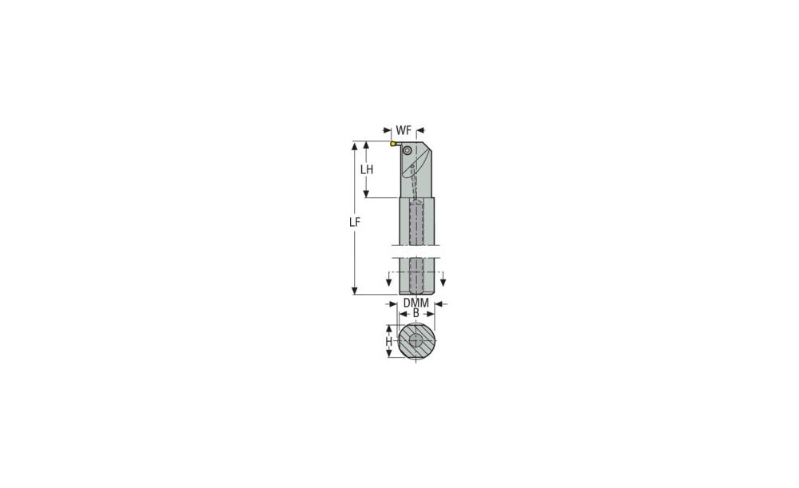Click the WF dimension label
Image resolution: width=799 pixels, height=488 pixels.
point(403,130)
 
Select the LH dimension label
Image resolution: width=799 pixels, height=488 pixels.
point(367,169)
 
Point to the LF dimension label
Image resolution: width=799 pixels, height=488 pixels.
point(355,222)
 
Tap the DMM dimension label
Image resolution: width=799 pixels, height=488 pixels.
point(416,304)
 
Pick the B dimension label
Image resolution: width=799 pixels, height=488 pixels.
point(415,313)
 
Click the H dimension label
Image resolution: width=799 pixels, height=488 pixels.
point(389,341)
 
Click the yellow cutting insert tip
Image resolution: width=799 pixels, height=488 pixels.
point(393,144)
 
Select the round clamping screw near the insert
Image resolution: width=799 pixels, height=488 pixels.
point(407,150)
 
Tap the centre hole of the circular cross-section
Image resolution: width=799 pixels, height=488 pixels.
point(416,341)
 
